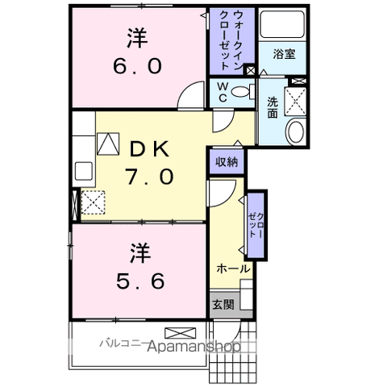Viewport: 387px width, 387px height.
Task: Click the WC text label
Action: [x=219, y=93]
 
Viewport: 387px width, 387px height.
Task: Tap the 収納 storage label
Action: [x=227, y=161]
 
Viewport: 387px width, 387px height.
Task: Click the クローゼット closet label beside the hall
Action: [x=256, y=218]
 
